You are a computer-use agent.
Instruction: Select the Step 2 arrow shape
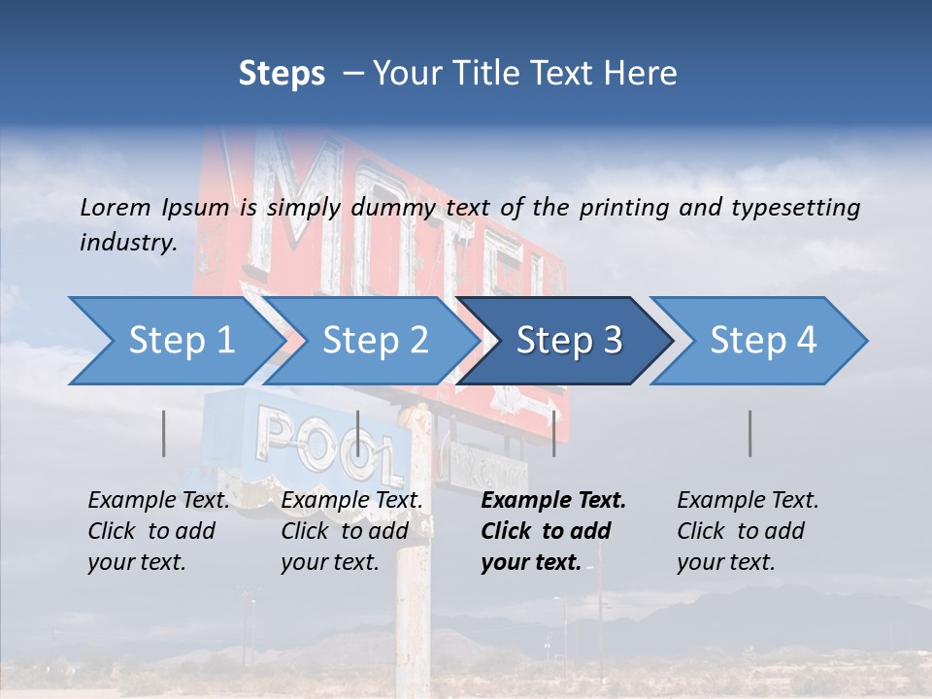point(374,341)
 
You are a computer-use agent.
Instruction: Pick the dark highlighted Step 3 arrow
point(568,341)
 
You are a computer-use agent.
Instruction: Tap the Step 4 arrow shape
point(762,341)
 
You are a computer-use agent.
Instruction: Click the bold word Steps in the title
point(282,74)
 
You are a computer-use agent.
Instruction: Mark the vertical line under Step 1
point(164,433)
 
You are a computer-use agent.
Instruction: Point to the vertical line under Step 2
point(358,433)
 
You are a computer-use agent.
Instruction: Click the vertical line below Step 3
point(554,433)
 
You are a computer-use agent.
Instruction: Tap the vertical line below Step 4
point(750,433)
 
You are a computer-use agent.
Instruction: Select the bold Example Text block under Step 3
point(553,531)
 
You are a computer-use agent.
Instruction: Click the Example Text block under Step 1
point(158,531)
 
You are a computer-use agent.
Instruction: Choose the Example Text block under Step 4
point(748,531)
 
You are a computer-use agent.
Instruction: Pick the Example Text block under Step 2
point(351,531)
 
